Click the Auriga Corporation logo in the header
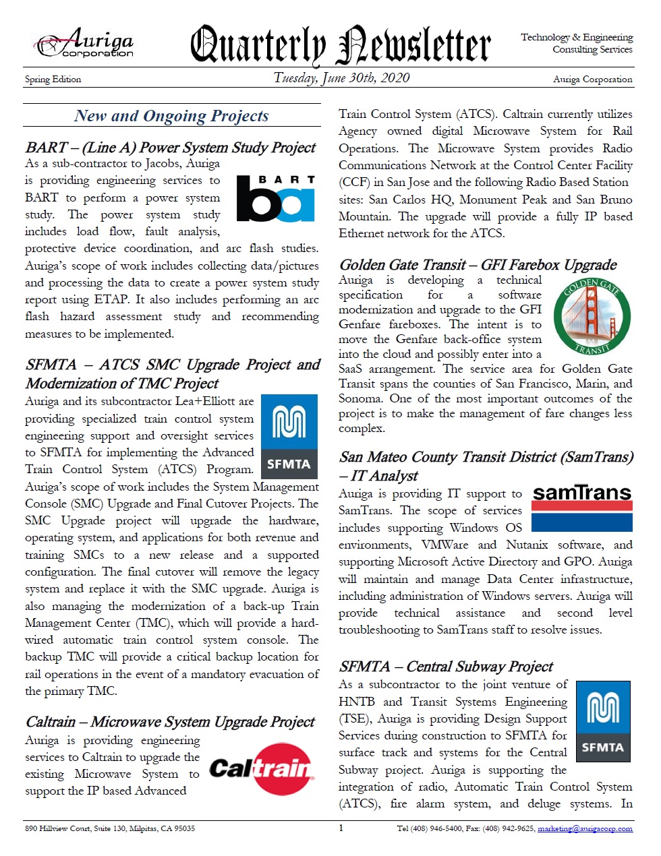click(x=85, y=44)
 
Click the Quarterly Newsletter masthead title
click(x=340, y=44)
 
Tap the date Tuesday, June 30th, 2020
click(x=341, y=78)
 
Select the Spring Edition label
click(x=53, y=80)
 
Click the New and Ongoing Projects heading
click(x=171, y=116)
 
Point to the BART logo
click(x=276, y=199)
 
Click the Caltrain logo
click(x=262, y=769)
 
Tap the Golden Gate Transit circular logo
click(x=592, y=317)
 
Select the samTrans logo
click(x=581, y=508)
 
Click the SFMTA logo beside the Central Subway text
click(x=602, y=721)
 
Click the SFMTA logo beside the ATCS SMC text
click(x=289, y=437)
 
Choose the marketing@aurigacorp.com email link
click(x=585, y=828)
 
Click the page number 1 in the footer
click(x=341, y=828)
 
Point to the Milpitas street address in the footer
click(x=110, y=828)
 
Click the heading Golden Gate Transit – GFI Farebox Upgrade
click(x=478, y=265)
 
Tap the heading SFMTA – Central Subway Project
click(x=446, y=667)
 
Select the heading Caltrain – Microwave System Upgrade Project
click(x=170, y=722)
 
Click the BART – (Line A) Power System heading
click(x=171, y=148)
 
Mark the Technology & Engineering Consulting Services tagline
click(x=577, y=43)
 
